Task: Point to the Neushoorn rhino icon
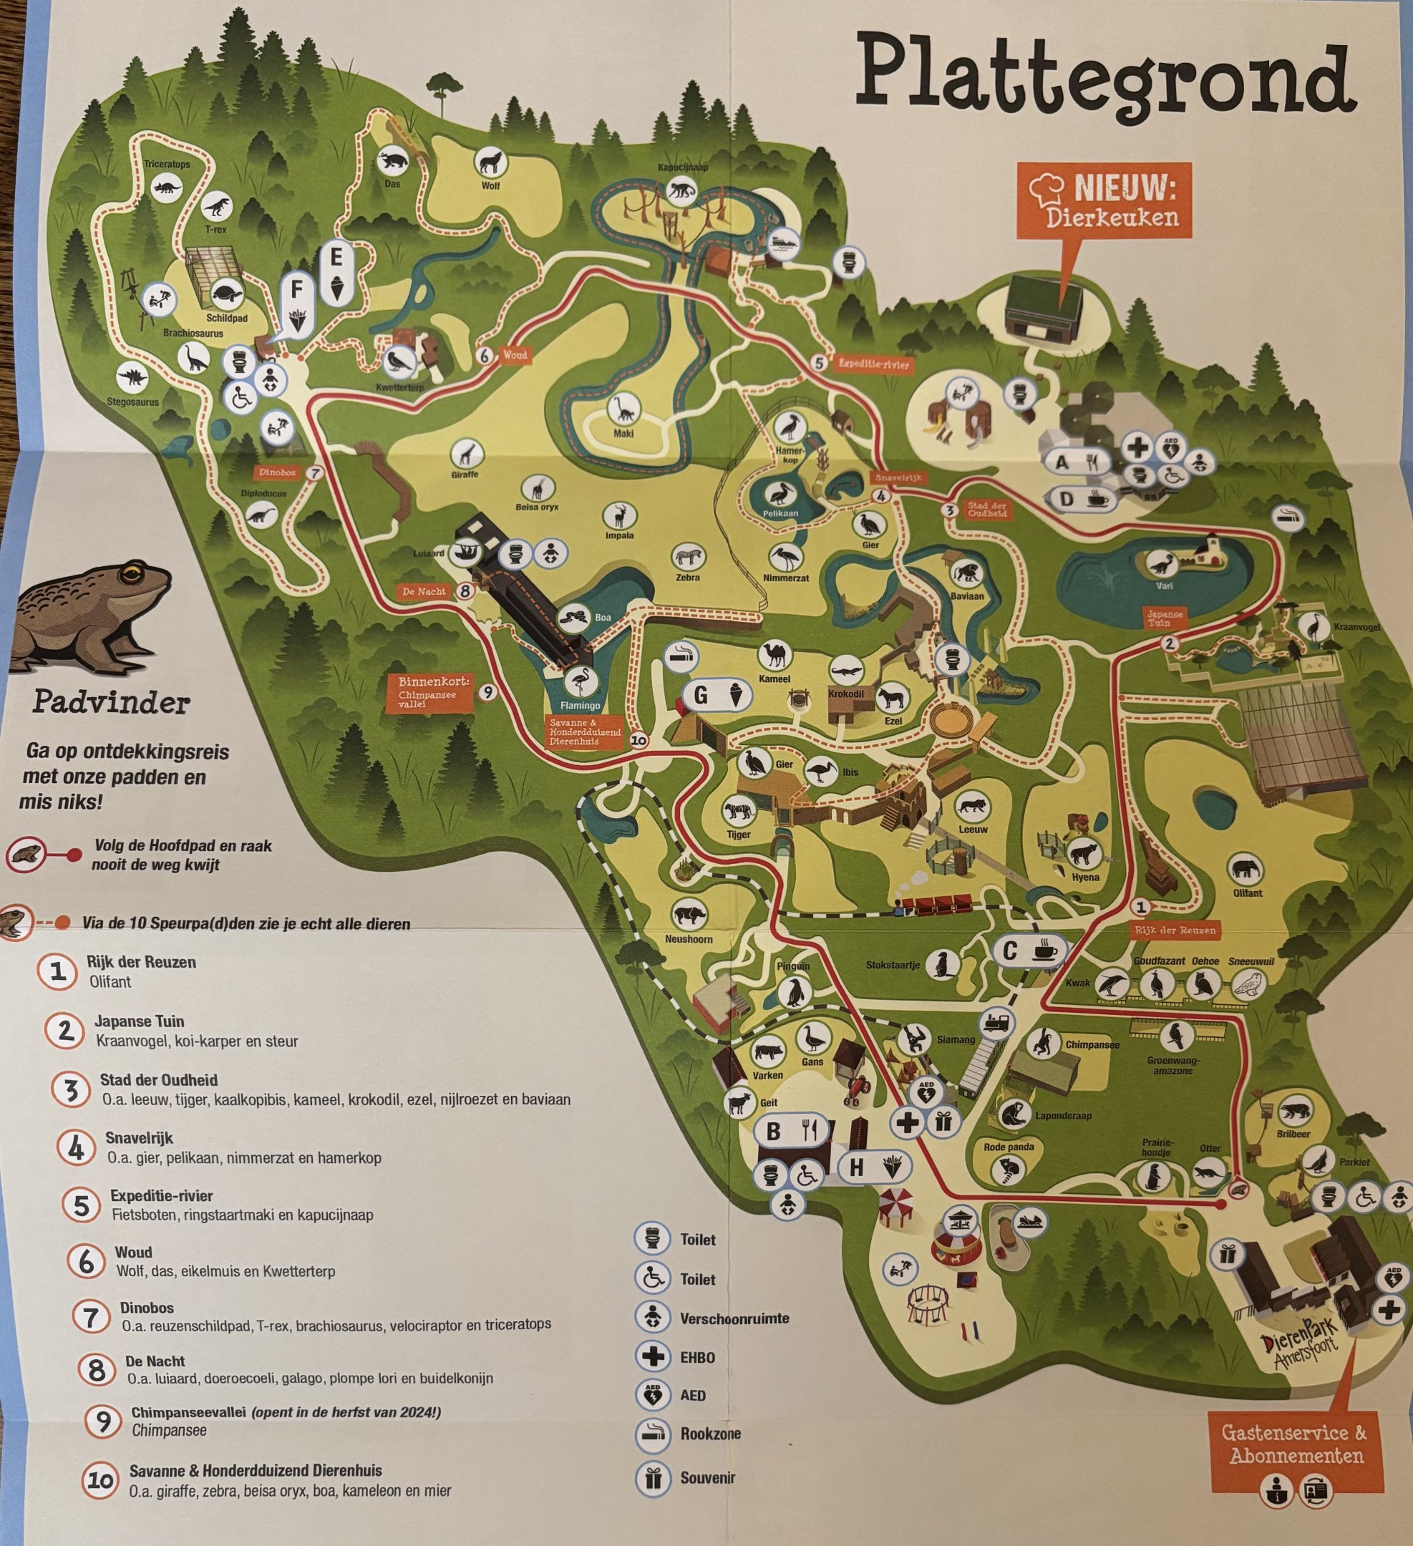(x=688, y=913)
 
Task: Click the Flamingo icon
(x=579, y=681)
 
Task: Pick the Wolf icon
(x=490, y=162)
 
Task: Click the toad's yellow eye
(x=136, y=572)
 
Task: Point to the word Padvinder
(x=111, y=702)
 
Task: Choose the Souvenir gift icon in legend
(x=653, y=1477)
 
